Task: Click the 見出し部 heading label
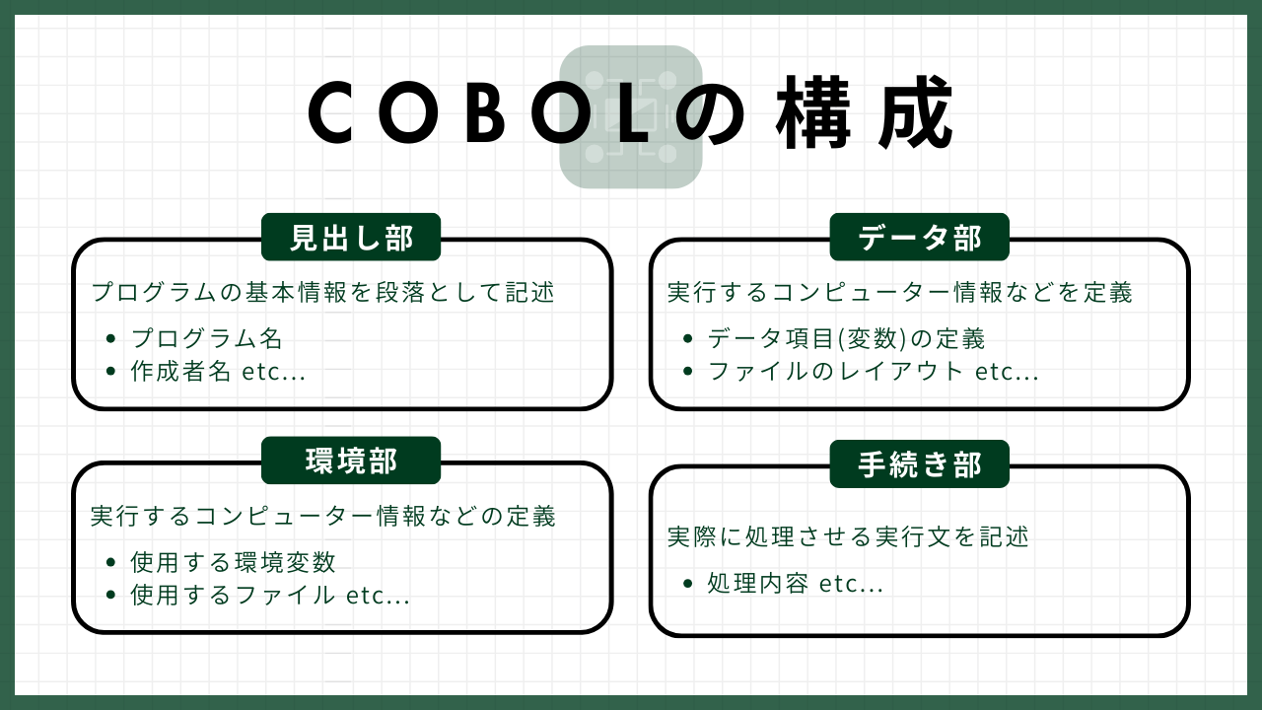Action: [x=351, y=238]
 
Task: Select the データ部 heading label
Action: [x=920, y=238]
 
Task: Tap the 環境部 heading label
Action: [x=351, y=461]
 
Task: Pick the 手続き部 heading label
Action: [x=920, y=464]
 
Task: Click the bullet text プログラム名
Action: [x=206, y=338]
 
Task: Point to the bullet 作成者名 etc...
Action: [x=218, y=372]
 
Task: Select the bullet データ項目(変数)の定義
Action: [x=846, y=338]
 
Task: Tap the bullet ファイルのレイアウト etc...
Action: [x=874, y=372]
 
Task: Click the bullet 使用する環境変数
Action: [x=234, y=562]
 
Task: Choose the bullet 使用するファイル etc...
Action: [x=270, y=595]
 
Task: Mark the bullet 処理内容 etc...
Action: [x=796, y=584]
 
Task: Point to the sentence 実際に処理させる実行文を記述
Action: [x=849, y=537]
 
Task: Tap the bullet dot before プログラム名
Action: [x=110, y=338]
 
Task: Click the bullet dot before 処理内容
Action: [x=687, y=584]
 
